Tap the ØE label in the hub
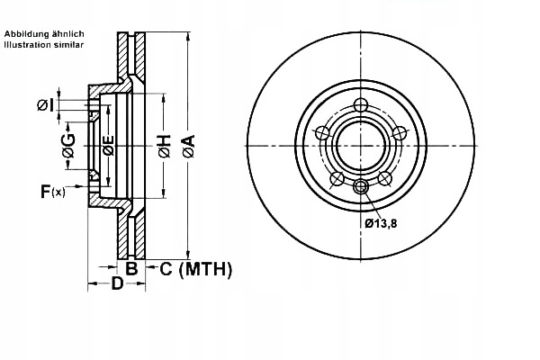[107, 144]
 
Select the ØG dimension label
[68, 143]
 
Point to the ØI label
[45, 105]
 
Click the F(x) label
[52, 191]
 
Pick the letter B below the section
[130, 268]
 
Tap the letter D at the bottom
[116, 286]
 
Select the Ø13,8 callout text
[381, 222]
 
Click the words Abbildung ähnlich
[44, 34]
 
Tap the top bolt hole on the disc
[361, 105]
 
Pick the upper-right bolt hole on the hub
[400, 133]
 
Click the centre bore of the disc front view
[361, 146]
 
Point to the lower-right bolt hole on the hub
[385, 178]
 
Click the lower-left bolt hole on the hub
[337, 178]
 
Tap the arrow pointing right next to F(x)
[79, 188]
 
